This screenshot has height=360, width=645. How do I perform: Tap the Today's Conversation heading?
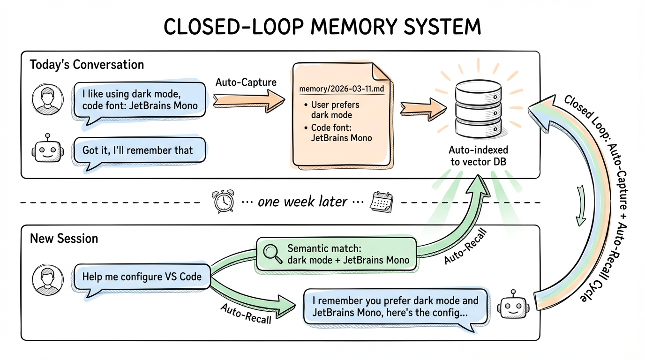point(87,64)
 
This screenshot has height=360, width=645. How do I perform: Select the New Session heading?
point(64,239)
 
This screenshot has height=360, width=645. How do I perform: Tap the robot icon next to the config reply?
point(514,307)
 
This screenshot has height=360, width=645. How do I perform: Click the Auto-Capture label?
point(246,82)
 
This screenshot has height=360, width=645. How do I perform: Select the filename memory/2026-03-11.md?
point(340,89)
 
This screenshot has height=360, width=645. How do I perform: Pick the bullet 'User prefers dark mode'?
point(331,110)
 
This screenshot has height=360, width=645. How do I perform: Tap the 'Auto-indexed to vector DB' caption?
point(478,156)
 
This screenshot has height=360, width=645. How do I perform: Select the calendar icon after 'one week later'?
point(380,202)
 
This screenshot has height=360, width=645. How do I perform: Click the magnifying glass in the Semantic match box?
point(271,254)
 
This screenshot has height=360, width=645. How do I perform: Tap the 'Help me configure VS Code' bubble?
point(142,277)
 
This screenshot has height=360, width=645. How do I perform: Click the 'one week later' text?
point(302,202)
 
